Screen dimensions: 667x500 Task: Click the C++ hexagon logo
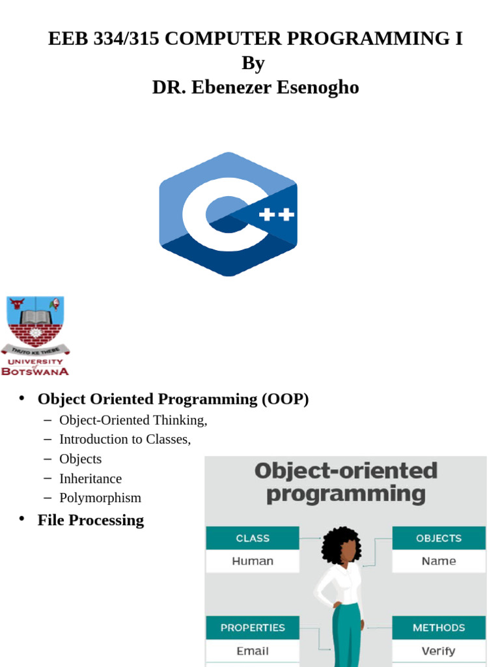(x=228, y=214)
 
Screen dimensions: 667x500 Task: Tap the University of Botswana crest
(x=35, y=322)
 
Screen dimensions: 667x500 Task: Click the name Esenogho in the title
(x=318, y=87)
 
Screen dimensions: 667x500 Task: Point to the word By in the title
(x=253, y=63)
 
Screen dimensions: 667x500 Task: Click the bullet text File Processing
(x=90, y=520)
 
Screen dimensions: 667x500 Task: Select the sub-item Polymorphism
(x=100, y=498)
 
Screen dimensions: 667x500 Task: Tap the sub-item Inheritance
(x=90, y=478)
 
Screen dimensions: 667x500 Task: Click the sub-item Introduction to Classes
(x=125, y=439)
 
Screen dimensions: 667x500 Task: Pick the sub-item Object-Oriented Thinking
(x=133, y=420)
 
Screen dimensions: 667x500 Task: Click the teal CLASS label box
(x=253, y=538)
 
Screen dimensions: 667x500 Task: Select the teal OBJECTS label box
(x=439, y=538)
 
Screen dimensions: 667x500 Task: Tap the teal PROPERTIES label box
(x=253, y=628)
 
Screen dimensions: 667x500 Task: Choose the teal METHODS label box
(x=439, y=628)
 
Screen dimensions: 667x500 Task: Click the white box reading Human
(x=253, y=561)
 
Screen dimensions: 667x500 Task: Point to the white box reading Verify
(x=439, y=651)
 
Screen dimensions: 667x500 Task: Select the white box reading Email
(x=253, y=651)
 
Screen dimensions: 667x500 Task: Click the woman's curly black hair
(x=340, y=545)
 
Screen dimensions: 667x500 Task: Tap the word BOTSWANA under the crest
(x=35, y=371)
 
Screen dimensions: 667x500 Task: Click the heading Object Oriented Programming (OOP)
(x=173, y=399)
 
